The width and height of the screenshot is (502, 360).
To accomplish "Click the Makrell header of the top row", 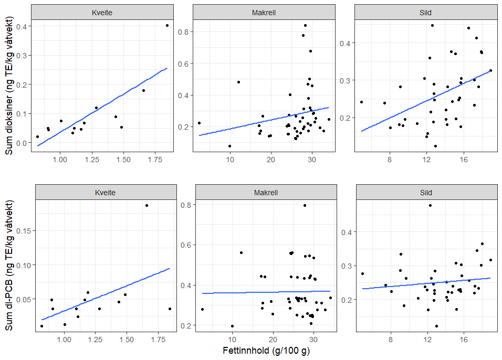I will (264, 12).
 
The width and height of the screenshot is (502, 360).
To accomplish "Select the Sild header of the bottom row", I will (426, 193).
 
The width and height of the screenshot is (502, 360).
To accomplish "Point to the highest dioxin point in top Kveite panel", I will (167, 25).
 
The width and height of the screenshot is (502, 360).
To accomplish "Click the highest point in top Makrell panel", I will (305, 25).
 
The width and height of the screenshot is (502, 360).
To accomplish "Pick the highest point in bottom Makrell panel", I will (305, 205).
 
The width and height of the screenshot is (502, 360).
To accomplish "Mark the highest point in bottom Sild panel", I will (430, 205).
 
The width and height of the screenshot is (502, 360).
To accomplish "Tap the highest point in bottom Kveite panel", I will (147, 205).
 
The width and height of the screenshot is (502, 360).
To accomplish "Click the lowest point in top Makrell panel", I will (229, 146).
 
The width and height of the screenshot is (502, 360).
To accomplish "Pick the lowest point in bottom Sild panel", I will (436, 326).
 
